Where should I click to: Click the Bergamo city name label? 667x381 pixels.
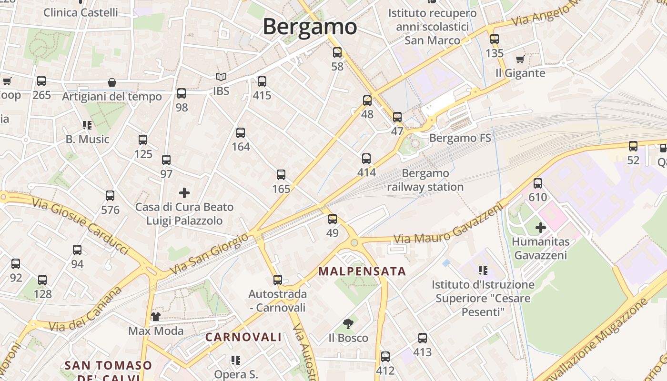(x=310, y=27)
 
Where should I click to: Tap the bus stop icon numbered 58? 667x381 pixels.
(x=337, y=52)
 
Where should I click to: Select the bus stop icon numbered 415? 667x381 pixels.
(x=262, y=81)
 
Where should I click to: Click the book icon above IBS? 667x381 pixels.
(x=221, y=77)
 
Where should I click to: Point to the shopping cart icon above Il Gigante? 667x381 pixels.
(x=520, y=60)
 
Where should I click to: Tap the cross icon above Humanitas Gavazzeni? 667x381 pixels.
(x=540, y=228)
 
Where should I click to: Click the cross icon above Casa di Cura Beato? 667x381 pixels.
(x=184, y=193)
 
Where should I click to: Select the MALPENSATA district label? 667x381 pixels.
(x=362, y=271)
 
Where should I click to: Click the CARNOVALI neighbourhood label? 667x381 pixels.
(x=243, y=337)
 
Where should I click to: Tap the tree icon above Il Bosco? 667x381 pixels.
(x=348, y=324)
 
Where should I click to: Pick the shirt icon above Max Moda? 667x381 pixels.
(x=155, y=317)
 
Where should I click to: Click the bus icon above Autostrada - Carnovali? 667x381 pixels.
(x=277, y=280)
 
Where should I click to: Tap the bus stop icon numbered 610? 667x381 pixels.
(x=538, y=183)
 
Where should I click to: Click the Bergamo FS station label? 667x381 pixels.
(x=460, y=138)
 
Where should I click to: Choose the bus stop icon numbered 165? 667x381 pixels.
(x=281, y=175)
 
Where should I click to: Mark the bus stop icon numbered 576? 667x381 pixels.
(x=110, y=196)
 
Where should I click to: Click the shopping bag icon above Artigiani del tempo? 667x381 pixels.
(x=112, y=83)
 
